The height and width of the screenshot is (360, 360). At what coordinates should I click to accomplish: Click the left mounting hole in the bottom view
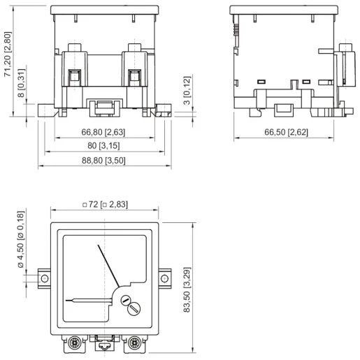pyautogui.click(x=45, y=278)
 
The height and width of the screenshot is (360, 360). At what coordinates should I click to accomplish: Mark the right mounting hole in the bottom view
pyautogui.click(x=166, y=278)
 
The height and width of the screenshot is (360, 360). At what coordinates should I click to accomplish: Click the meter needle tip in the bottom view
pyautogui.click(x=99, y=246)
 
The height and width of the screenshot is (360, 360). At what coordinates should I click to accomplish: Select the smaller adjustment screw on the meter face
pyautogui.click(x=127, y=299)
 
